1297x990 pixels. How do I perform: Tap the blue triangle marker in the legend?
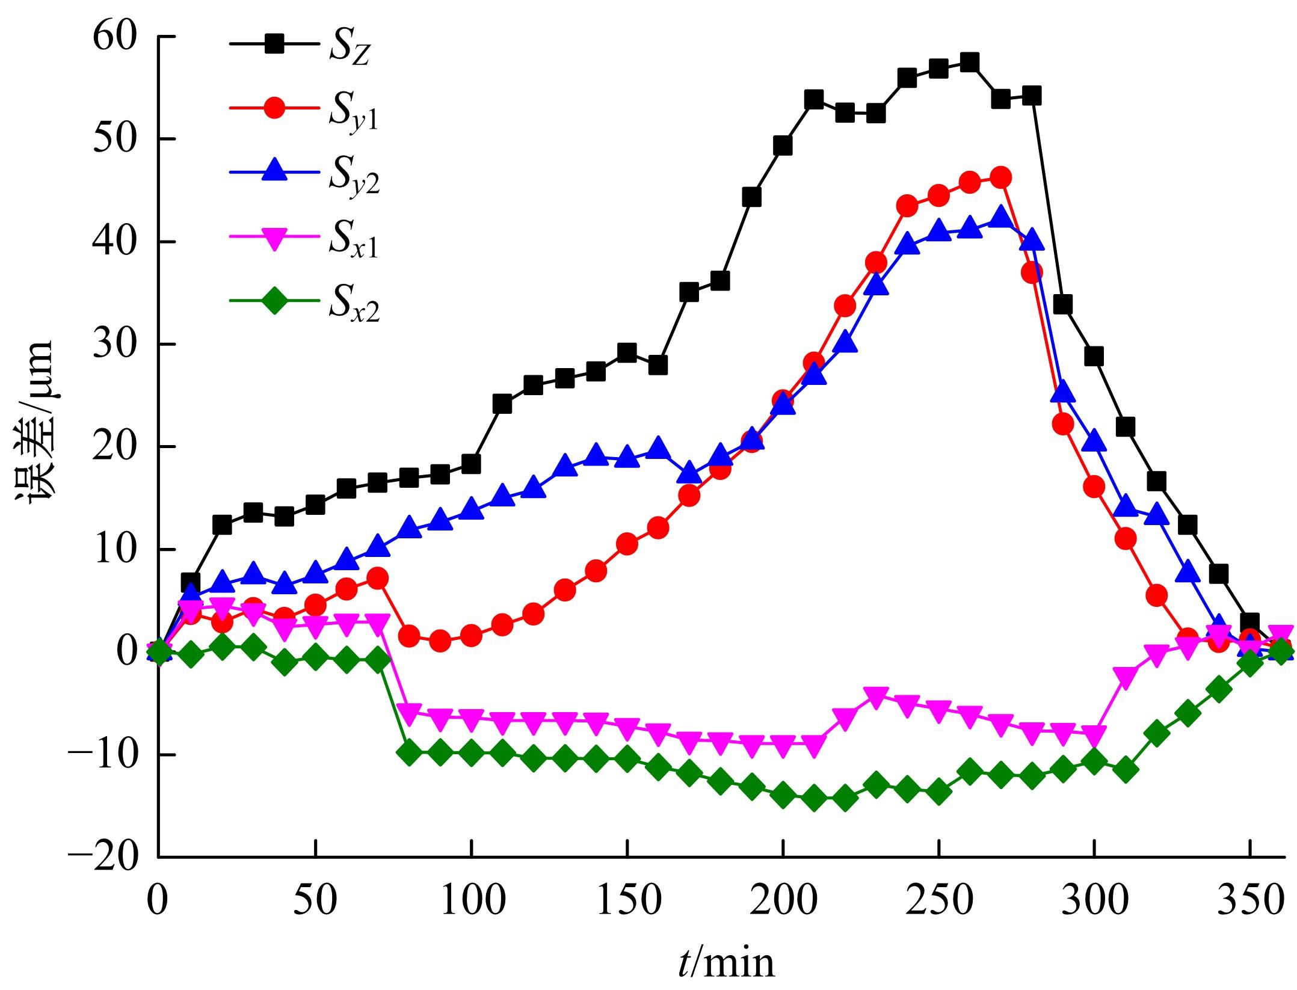point(274,171)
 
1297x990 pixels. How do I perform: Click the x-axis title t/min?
point(726,964)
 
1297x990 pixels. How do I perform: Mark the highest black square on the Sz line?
point(969,63)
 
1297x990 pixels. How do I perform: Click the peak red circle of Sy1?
point(1000,177)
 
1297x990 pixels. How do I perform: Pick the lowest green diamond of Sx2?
point(814,798)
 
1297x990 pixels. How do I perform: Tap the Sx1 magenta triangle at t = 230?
point(876,696)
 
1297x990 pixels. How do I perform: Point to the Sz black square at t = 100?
point(471,464)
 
